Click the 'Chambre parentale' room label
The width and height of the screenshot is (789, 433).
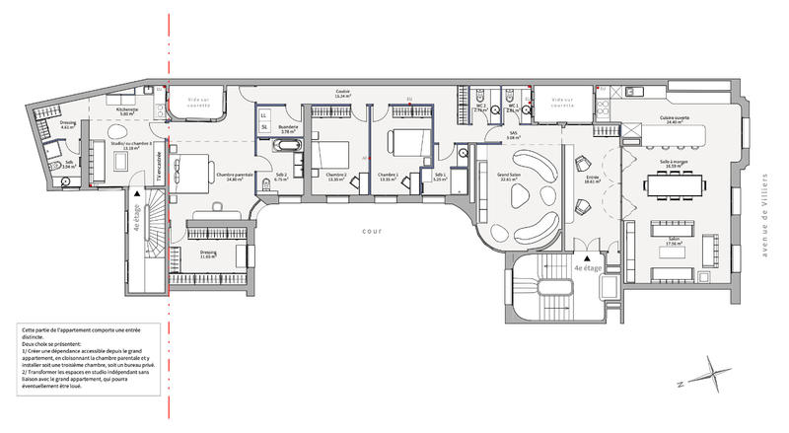pyautogui.click(x=235, y=176)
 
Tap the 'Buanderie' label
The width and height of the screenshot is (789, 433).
pyautogui.click(x=290, y=127)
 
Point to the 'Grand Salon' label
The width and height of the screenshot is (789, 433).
pyautogui.click(x=510, y=178)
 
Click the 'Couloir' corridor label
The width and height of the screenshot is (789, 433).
pyautogui.click(x=342, y=92)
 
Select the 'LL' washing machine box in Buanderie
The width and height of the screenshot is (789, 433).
pyautogui.click(x=264, y=115)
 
